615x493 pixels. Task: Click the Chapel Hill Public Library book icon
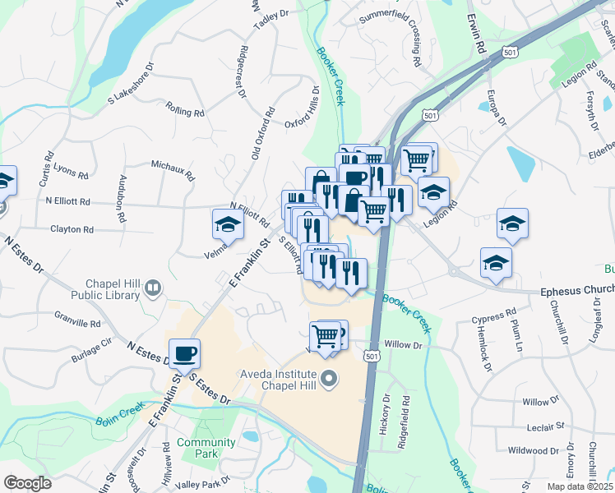tap(152, 288)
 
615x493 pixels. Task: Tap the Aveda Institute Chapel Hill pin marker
tap(329, 379)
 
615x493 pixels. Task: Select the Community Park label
tap(196, 448)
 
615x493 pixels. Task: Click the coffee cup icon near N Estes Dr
tap(185, 353)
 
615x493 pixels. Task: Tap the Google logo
tap(28, 483)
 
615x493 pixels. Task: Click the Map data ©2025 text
tap(578, 486)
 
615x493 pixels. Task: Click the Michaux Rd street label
tap(172, 170)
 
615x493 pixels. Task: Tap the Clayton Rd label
tap(72, 230)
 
